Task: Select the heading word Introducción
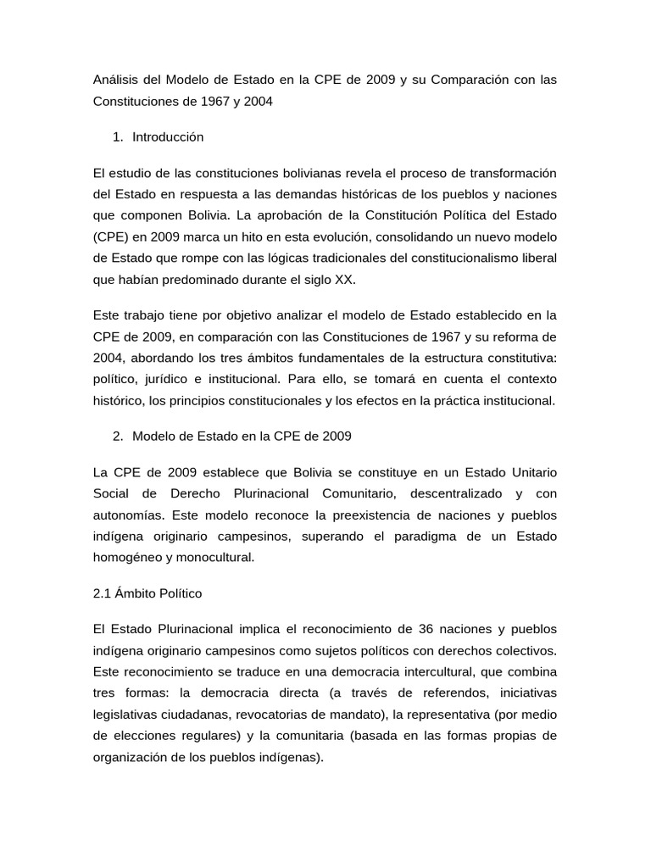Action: [168, 136]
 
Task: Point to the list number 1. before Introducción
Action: [118, 136]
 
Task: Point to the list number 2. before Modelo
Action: [118, 436]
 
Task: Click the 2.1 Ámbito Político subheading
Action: [147, 593]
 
